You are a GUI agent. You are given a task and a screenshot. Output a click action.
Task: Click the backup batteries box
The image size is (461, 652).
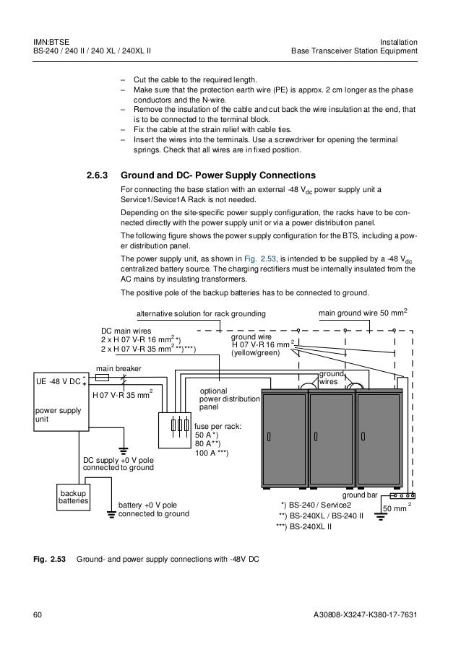click(x=73, y=497)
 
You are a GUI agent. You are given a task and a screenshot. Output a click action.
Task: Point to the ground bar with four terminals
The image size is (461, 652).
click(x=402, y=496)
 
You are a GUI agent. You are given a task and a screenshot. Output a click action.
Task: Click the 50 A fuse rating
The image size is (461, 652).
click(x=208, y=435)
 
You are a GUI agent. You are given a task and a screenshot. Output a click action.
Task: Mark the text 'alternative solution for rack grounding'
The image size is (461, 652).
click(x=202, y=313)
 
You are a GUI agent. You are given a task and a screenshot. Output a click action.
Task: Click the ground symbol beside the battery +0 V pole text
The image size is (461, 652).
click(x=111, y=514)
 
